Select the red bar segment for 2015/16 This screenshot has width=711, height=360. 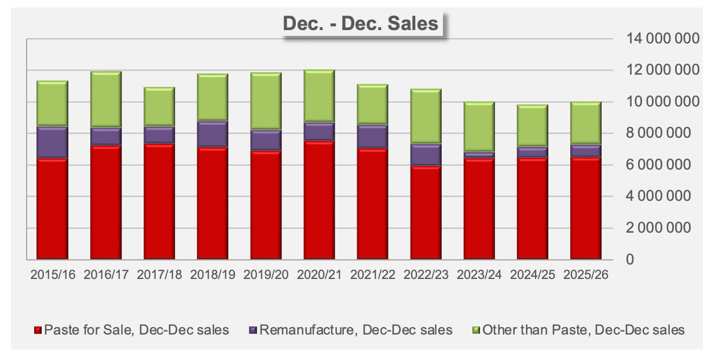[53, 208]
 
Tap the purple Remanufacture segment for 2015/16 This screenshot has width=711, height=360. [53, 142]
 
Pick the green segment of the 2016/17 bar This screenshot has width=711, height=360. [106, 99]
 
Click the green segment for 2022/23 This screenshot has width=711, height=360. [426, 116]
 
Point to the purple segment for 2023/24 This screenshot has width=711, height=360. [479, 155]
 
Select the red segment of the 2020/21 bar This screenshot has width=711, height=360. [319, 200]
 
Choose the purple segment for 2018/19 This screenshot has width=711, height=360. [212, 134]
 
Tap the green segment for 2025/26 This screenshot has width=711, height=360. [585, 123]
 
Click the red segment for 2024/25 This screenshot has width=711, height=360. [532, 208]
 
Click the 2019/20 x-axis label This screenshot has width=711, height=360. [266, 274]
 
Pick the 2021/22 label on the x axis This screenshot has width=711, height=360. [372, 274]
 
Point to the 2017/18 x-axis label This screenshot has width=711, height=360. [159, 274]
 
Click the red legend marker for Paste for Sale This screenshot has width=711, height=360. [38, 330]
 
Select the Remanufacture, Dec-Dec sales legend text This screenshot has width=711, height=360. [356, 330]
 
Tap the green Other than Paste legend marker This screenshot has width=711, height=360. [477, 330]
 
